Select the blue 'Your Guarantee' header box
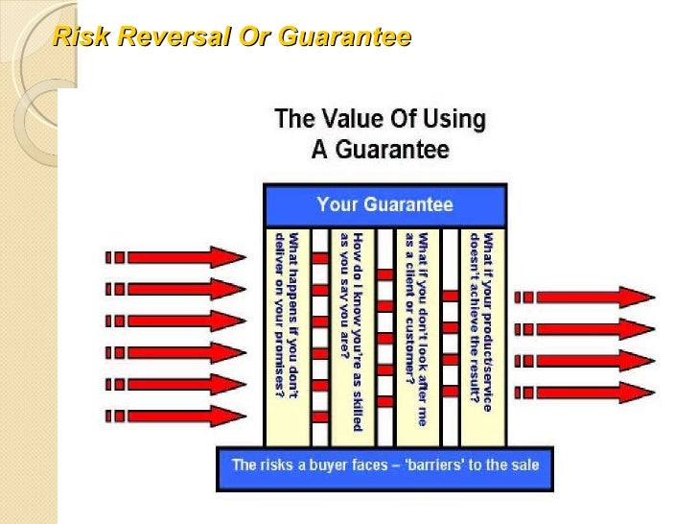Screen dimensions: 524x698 pos(384,204)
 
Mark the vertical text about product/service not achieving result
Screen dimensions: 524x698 pos(481,322)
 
